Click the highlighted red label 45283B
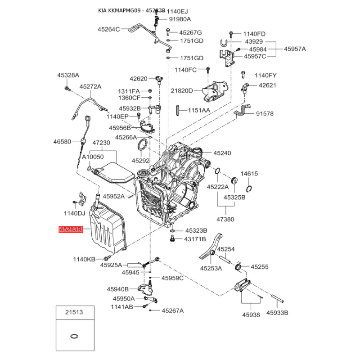(x=71, y=229)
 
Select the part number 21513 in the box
(x=74, y=312)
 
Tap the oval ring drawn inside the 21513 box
(x=74, y=336)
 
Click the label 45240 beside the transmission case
(x=222, y=153)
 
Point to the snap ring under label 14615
(x=249, y=189)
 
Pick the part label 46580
(x=62, y=142)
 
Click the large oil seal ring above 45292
(x=143, y=145)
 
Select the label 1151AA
(x=199, y=111)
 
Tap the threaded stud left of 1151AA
(x=178, y=110)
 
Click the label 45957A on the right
(x=295, y=49)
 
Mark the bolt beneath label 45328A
(x=67, y=88)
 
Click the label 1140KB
(x=84, y=260)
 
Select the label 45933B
(x=277, y=313)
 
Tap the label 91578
(x=265, y=114)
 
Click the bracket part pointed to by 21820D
(x=215, y=91)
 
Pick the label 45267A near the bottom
(x=173, y=310)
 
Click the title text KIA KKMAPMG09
(x=119, y=10)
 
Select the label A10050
(x=93, y=157)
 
